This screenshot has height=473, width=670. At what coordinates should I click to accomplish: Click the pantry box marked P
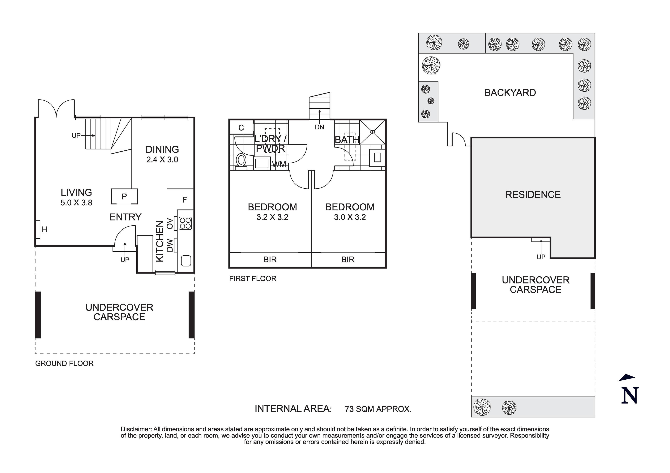124,196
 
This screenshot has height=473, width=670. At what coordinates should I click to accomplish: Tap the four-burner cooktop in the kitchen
185,223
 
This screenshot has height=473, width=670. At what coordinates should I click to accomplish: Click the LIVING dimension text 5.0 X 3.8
76,203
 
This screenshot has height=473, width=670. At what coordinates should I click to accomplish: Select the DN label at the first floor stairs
320,127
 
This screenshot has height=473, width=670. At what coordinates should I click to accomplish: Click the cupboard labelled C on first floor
241,128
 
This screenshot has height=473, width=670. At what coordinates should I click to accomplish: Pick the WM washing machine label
279,164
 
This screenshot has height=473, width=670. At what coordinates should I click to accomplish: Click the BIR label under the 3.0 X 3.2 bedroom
348,260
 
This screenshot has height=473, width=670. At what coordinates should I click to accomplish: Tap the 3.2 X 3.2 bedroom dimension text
272,217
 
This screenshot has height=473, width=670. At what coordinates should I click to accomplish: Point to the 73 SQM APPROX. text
378,409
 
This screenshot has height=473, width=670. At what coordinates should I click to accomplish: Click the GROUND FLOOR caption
64,363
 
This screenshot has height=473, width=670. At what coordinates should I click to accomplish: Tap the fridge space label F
184,200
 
